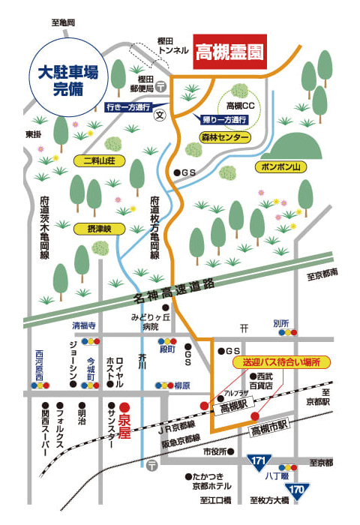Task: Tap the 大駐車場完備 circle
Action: [x=69, y=81]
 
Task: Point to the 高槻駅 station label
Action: [x=234, y=408]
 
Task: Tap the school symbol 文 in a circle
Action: [x=159, y=117]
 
